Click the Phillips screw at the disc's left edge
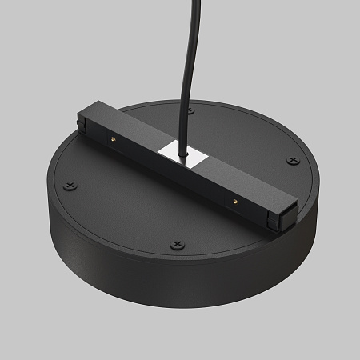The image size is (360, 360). coord(71,186)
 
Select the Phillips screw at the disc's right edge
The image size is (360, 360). coord(292,160)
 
